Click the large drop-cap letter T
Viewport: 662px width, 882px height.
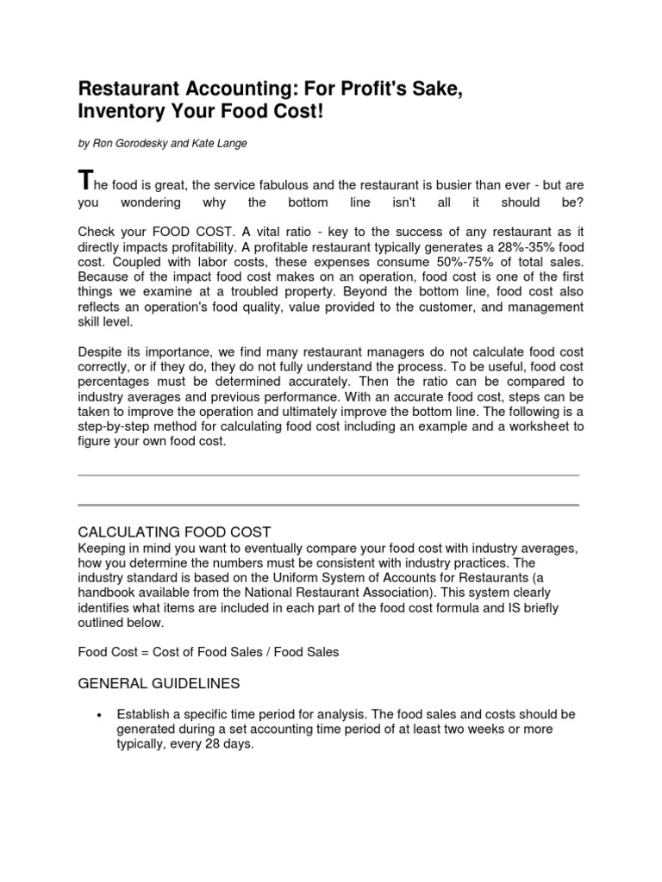pos(84,181)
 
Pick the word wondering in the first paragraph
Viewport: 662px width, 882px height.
pos(151,202)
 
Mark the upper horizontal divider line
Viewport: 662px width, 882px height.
pos(328,475)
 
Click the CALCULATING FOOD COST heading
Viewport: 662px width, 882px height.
pos(174,532)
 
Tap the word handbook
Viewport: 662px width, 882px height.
pos(106,593)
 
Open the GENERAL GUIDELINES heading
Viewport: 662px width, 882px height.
pos(159,683)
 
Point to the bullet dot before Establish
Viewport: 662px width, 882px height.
pos(101,716)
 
